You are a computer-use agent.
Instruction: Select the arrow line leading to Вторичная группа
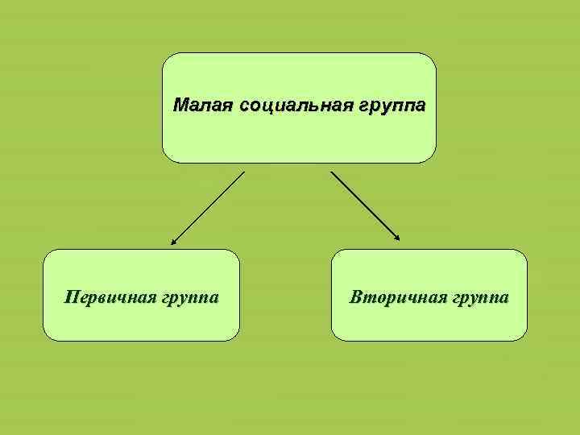(364, 205)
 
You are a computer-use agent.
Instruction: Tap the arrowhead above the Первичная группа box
(172, 240)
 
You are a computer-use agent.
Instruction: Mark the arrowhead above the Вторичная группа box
(397, 238)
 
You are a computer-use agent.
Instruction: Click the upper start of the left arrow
(243, 172)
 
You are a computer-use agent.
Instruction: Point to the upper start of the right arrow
(331, 172)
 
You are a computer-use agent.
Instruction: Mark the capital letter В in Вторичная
(355, 297)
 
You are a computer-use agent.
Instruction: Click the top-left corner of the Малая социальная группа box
(166, 56)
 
